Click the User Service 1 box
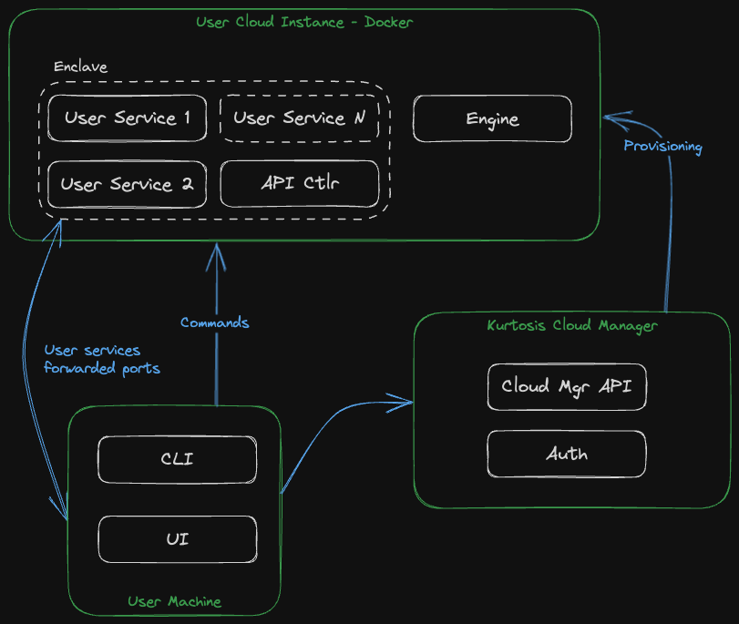(x=127, y=118)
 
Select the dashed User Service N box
(x=300, y=118)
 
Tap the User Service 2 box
(x=127, y=184)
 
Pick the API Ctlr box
(x=300, y=184)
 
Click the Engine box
(x=492, y=119)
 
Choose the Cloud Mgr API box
(x=566, y=386)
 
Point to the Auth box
(x=566, y=454)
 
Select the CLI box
(x=177, y=459)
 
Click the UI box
(x=177, y=539)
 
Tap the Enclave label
(x=80, y=67)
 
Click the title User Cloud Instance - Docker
(x=304, y=22)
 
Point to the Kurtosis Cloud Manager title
(x=571, y=325)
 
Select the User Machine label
(x=174, y=601)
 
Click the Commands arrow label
(x=214, y=322)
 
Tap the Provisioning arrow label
(x=662, y=146)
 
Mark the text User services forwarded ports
(x=101, y=360)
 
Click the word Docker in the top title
(x=388, y=22)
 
